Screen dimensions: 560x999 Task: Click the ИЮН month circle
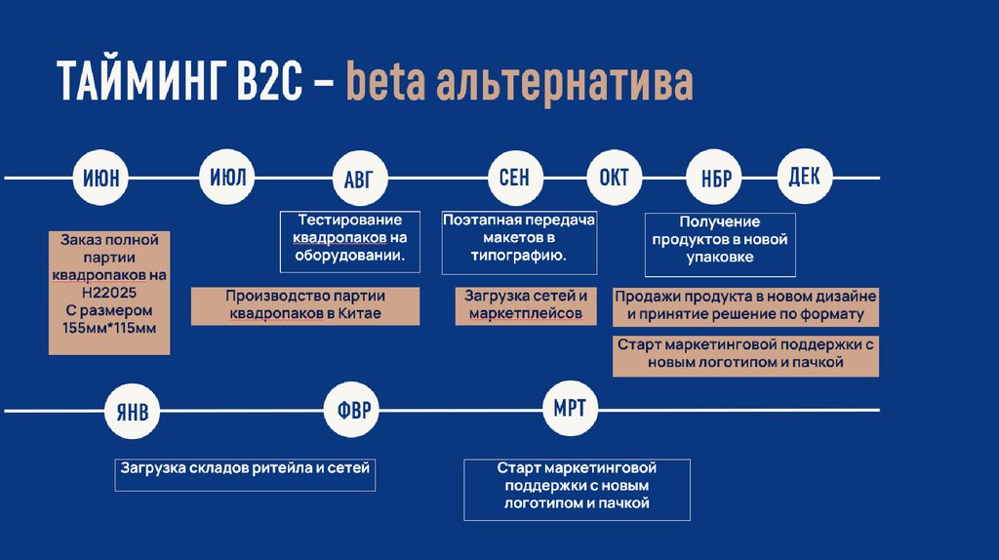(x=101, y=179)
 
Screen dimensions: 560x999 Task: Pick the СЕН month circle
(x=514, y=179)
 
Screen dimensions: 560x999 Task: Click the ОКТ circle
(x=614, y=179)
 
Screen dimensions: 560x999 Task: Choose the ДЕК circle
(x=805, y=177)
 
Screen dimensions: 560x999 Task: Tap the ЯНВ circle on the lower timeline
(x=132, y=411)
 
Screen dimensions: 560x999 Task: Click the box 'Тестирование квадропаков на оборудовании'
(x=349, y=238)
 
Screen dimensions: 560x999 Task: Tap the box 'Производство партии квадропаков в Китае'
(x=305, y=305)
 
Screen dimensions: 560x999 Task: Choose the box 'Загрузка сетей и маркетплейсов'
(x=525, y=305)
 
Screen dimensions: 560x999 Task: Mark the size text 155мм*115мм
(x=109, y=328)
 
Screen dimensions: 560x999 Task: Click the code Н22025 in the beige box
(x=109, y=293)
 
